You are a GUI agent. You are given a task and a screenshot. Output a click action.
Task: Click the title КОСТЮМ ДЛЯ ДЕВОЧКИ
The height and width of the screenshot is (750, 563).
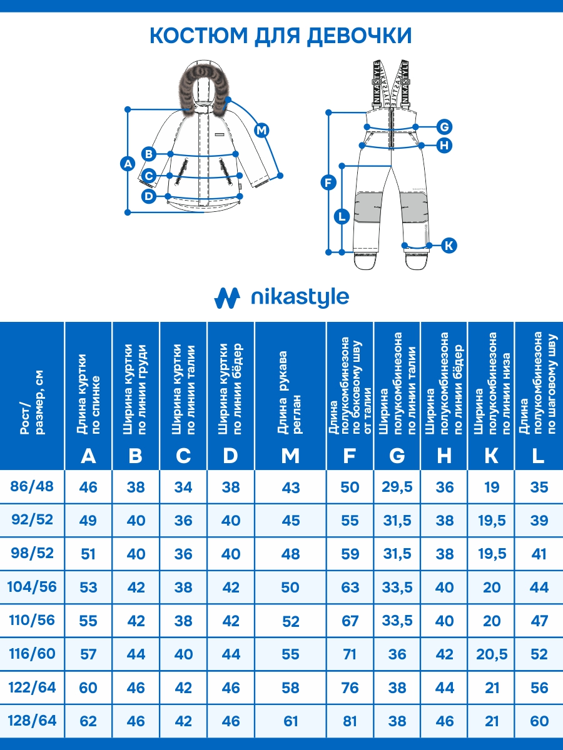(x=281, y=36)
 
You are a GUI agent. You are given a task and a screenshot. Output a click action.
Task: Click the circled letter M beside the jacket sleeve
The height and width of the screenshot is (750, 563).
(x=261, y=131)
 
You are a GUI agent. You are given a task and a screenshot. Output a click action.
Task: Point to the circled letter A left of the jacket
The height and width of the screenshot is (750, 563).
(x=127, y=164)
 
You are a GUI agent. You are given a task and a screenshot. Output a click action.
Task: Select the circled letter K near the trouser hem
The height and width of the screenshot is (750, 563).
(x=449, y=245)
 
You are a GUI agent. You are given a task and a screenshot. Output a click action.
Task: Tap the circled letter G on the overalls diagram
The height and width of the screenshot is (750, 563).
(x=444, y=127)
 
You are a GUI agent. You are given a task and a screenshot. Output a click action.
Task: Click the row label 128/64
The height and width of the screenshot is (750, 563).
(x=32, y=721)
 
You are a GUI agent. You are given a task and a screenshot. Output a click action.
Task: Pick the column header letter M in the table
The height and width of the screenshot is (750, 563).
(x=290, y=456)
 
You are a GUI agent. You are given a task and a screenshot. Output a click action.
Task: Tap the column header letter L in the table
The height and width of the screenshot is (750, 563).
(x=538, y=456)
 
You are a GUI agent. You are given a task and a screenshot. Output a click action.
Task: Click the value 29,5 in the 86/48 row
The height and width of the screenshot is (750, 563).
(x=397, y=487)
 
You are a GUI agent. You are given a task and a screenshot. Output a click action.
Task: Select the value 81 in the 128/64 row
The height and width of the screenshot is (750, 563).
(x=350, y=721)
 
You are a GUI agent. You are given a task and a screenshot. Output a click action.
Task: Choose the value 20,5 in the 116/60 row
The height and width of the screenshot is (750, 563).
(x=492, y=654)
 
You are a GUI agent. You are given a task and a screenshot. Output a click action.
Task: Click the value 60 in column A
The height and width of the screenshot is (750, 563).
(x=88, y=688)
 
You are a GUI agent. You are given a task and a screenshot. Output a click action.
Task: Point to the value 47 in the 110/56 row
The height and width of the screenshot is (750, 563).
(x=539, y=621)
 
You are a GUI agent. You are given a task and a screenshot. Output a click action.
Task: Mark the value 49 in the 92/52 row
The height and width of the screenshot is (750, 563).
(x=88, y=520)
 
